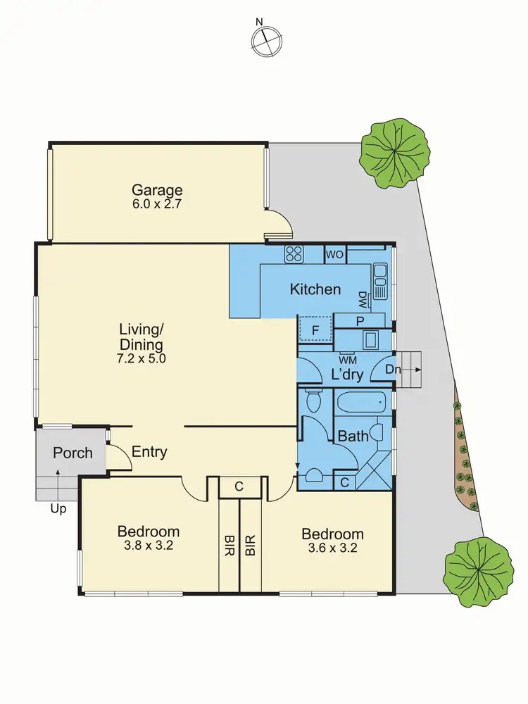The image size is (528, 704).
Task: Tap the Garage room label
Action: [157, 189]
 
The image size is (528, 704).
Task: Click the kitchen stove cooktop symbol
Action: [294, 253]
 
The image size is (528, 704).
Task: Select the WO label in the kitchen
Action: [334, 254]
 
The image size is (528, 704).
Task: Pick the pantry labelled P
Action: [360, 321]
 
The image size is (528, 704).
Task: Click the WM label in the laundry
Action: [347, 359]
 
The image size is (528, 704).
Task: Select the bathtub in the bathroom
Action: [361, 404]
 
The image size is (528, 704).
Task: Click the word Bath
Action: [353, 436]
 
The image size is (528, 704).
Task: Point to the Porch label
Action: [73, 453]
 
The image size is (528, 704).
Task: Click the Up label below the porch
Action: [58, 508]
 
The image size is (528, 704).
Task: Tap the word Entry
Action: [149, 452]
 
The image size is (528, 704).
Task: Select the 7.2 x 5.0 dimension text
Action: [141, 358]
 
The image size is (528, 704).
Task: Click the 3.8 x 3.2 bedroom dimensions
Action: [149, 546]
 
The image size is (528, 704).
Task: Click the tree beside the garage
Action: [394, 153]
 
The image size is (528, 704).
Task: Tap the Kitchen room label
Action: [315, 289]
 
